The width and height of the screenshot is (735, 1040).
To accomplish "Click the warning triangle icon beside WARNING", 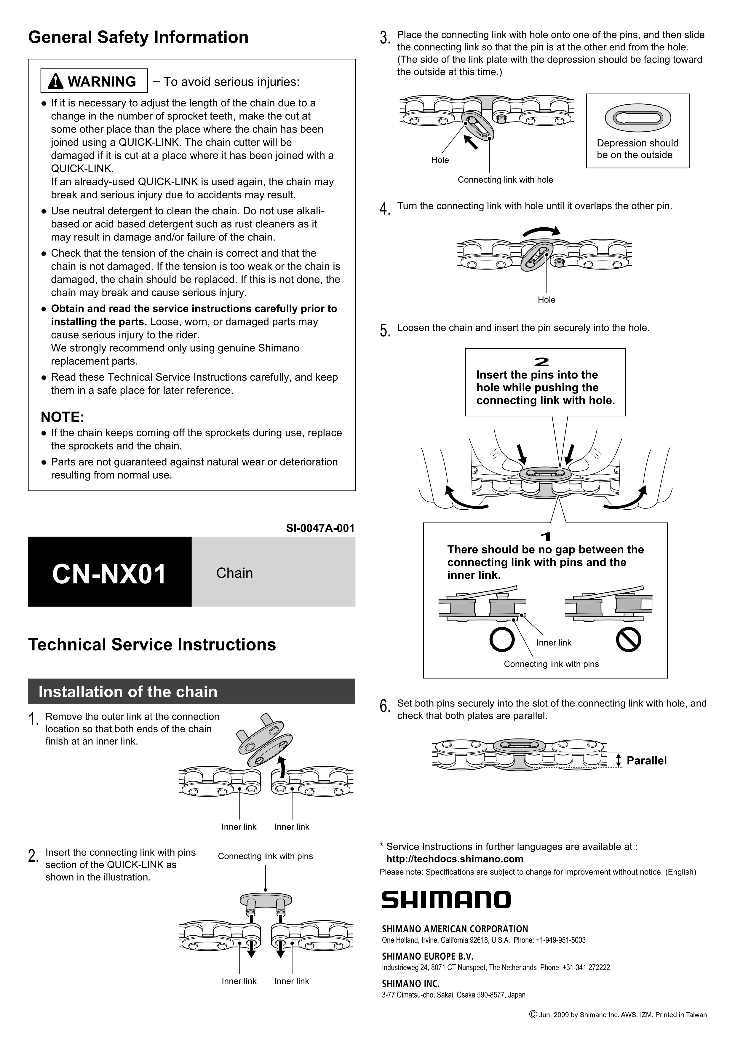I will point(55,82).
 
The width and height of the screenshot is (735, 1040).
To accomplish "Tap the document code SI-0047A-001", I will point(320,528).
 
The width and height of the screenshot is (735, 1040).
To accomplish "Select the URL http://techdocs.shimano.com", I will point(454,859).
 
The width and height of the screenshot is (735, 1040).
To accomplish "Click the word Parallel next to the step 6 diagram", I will point(646,760).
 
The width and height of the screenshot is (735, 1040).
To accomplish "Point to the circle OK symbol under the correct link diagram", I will point(502,639).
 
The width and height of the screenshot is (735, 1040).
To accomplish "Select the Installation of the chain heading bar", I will point(191,692).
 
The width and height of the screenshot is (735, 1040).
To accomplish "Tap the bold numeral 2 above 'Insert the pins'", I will point(542,361).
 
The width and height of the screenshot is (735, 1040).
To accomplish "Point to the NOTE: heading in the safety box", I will point(63,417).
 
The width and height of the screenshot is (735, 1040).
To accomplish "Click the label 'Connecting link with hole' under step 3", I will point(505,180).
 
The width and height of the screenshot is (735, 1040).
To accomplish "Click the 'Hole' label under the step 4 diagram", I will point(546,300).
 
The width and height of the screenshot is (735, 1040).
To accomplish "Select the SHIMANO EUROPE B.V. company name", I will point(427,956).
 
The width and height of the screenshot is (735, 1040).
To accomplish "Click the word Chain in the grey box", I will point(235,573).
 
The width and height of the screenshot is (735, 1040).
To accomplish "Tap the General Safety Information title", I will point(138,37).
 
